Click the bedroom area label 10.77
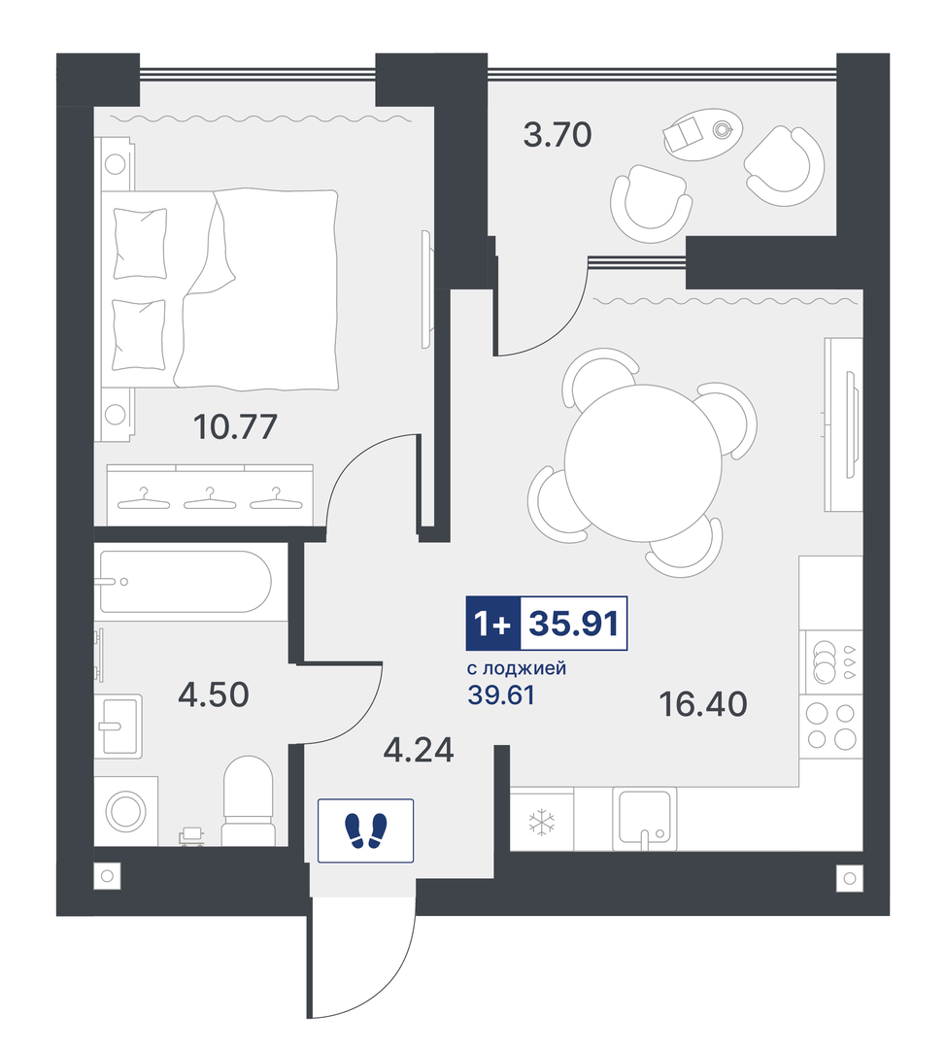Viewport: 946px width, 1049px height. (x=235, y=426)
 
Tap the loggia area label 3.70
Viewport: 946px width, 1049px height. (x=557, y=134)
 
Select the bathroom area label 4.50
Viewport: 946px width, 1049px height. (x=214, y=695)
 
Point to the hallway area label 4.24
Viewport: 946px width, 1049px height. (x=419, y=750)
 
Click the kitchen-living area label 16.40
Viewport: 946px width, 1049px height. (x=702, y=704)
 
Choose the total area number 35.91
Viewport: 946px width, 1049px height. (x=573, y=624)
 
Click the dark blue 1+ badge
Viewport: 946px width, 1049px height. (x=493, y=624)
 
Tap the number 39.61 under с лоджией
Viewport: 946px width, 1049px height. (x=501, y=695)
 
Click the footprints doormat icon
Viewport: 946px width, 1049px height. (x=365, y=830)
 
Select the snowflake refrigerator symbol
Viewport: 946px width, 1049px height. (x=541, y=823)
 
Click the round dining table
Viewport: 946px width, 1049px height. (x=643, y=463)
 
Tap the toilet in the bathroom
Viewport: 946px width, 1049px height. (x=248, y=801)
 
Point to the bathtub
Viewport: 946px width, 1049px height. (x=186, y=582)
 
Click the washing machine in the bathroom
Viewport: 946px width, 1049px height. (x=126, y=811)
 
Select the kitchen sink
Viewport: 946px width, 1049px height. (x=644, y=818)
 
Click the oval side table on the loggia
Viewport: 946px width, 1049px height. (x=702, y=134)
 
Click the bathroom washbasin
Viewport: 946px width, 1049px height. (x=118, y=727)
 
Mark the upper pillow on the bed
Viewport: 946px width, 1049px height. (x=140, y=243)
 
